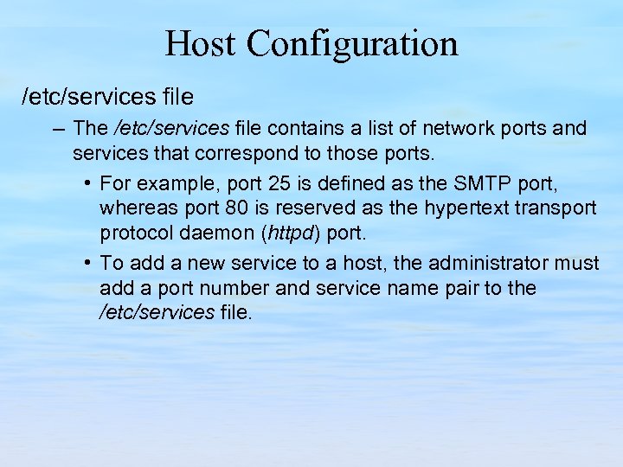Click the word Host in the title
(200, 43)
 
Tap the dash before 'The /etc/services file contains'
(58, 130)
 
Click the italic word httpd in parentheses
(286, 233)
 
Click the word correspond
(252, 154)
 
